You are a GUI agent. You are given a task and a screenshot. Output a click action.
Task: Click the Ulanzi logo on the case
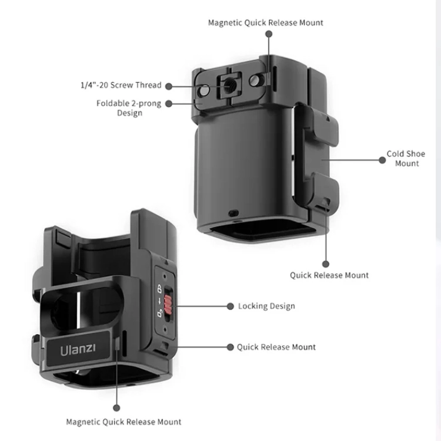pos(78,349)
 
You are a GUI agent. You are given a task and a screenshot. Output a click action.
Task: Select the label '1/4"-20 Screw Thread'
pos(121,85)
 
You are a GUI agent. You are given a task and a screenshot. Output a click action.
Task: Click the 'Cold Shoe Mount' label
pos(406,159)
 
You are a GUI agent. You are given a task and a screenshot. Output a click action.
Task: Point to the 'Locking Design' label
pos(266,306)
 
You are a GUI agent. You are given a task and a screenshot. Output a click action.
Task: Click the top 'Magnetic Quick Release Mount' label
pos(266,23)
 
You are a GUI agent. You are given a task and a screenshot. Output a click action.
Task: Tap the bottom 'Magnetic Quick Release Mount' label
pos(123,422)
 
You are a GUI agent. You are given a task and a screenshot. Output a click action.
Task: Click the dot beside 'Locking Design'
pos(230,306)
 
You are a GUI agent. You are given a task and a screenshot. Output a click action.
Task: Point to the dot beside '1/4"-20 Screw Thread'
pos(168,85)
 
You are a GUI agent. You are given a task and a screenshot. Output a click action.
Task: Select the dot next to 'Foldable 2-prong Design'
pos(168,103)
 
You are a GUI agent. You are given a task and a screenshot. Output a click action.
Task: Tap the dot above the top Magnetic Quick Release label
pos(269,34)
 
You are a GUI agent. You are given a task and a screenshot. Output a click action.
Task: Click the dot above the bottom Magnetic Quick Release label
pos(117,407)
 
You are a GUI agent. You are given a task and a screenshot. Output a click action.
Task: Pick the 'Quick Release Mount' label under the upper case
pos(329,275)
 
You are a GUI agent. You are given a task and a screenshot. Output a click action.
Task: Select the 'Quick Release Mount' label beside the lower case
pos(276,347)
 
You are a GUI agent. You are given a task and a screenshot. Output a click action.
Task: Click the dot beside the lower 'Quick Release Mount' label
pos(230,347)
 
